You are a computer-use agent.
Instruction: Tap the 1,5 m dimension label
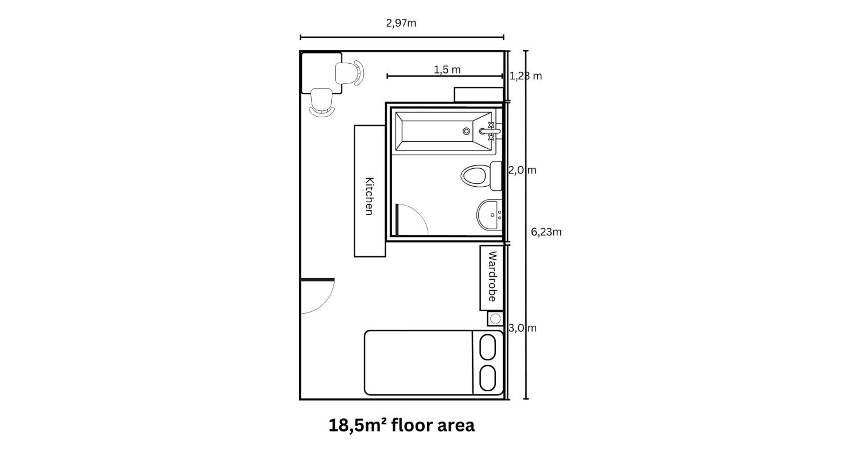tap(447, 70)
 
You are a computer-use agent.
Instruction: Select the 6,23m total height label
tap(546, 232)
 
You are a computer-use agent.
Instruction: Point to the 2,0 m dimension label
tap(522, 170)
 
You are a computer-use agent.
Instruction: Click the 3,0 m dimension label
tap(522, 328)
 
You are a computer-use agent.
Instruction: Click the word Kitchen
tap(370, 196)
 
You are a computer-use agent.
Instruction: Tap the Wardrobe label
tap(492, 276)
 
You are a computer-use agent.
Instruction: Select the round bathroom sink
tap(489, 215)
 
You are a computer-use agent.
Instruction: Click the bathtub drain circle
tap(466, 132)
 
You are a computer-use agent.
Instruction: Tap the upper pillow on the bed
tap(488, 347)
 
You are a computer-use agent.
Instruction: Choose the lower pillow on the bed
tap(488, 378)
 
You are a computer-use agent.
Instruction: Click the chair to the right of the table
tap(350, 73)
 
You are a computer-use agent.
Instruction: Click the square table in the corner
tap(321, 73)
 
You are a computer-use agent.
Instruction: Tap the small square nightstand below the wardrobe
tap(495, 319)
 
